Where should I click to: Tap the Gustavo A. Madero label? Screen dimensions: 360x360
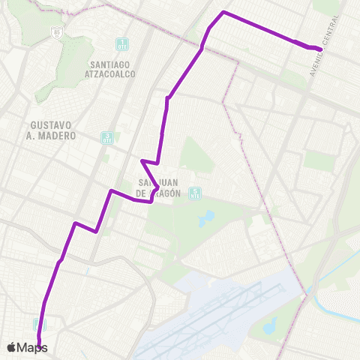(x=54, y=130)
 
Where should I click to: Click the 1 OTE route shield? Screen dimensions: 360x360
(x=122, y=43)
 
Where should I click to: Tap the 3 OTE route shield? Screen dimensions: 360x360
(x=107, y=137)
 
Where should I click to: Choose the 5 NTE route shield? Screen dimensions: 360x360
(x=195, y=193)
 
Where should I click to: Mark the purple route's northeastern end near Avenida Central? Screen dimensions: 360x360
(x=321, y=49)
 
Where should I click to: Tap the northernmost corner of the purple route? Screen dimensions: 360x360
(x=223, y=13)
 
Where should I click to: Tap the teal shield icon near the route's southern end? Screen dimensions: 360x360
(x=39, y=325)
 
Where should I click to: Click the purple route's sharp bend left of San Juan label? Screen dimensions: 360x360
(x=142, y=160)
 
